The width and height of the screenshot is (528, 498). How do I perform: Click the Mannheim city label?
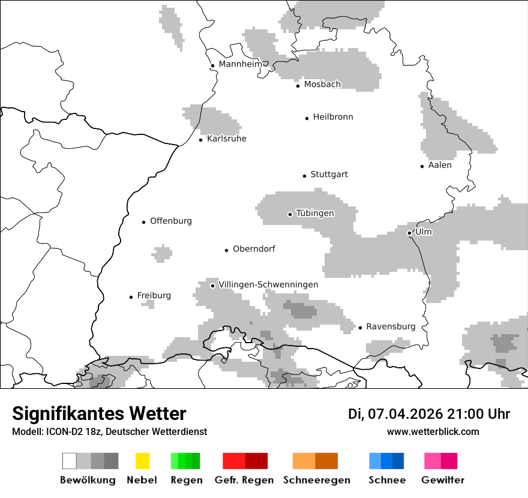tap(240, 64)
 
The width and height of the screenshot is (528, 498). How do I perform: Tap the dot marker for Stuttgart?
tap(304, 176)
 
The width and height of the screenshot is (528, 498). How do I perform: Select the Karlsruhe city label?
tap(226, 139)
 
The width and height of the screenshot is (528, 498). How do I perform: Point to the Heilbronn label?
tap(332, 117)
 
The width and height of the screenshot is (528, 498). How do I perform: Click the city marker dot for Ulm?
tap(409, 233)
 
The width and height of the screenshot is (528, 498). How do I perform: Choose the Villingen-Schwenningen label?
tap(268, 284)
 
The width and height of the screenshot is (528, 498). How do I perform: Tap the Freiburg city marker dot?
tap(131, 297)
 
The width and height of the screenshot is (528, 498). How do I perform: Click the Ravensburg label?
tap(391, 326)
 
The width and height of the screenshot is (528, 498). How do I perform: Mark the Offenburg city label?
tap(170, 221)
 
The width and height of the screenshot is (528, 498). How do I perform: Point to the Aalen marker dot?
tap(422, 166)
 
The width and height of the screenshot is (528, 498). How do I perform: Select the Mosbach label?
tap(322, 85)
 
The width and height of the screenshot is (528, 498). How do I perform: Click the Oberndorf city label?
tap(254, 249)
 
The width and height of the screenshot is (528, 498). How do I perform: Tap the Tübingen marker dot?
tap(290, 214)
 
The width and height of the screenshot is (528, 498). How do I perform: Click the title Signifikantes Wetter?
tap(99, 413)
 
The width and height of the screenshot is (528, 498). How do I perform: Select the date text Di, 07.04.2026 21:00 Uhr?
tap(429, 414)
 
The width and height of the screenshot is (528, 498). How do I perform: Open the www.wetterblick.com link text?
tap(433, 431)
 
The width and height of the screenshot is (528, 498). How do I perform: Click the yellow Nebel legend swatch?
tap(142, 461)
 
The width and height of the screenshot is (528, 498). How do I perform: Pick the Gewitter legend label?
tap(442, 480)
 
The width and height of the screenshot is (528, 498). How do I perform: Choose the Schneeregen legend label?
tap(316, 480)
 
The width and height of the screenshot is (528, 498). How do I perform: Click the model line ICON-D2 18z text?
tap(109, 431)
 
